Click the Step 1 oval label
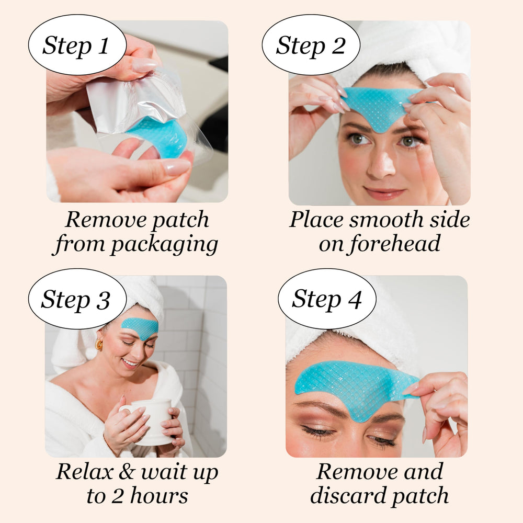(76, 45)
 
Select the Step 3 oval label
(76, 299)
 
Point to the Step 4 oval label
(326, 299)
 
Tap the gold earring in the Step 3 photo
(99, 345)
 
